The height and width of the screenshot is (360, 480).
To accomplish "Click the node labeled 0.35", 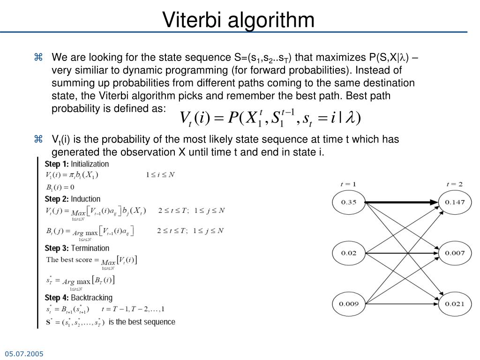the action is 349,202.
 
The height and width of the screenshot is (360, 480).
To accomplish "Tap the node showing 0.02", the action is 349,253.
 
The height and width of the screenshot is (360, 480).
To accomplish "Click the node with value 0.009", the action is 349,304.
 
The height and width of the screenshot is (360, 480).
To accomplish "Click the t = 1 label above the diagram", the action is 348,184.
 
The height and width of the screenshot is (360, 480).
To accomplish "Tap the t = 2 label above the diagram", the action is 454,184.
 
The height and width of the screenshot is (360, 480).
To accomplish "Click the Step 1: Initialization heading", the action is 76,164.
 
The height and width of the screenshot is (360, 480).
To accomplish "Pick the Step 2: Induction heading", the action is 72,199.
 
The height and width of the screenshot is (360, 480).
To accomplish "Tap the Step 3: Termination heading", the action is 77,248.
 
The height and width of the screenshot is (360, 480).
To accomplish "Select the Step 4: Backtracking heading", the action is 78,298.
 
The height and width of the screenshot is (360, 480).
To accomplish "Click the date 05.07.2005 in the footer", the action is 24,353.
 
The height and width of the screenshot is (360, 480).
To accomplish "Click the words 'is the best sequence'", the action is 142,322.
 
